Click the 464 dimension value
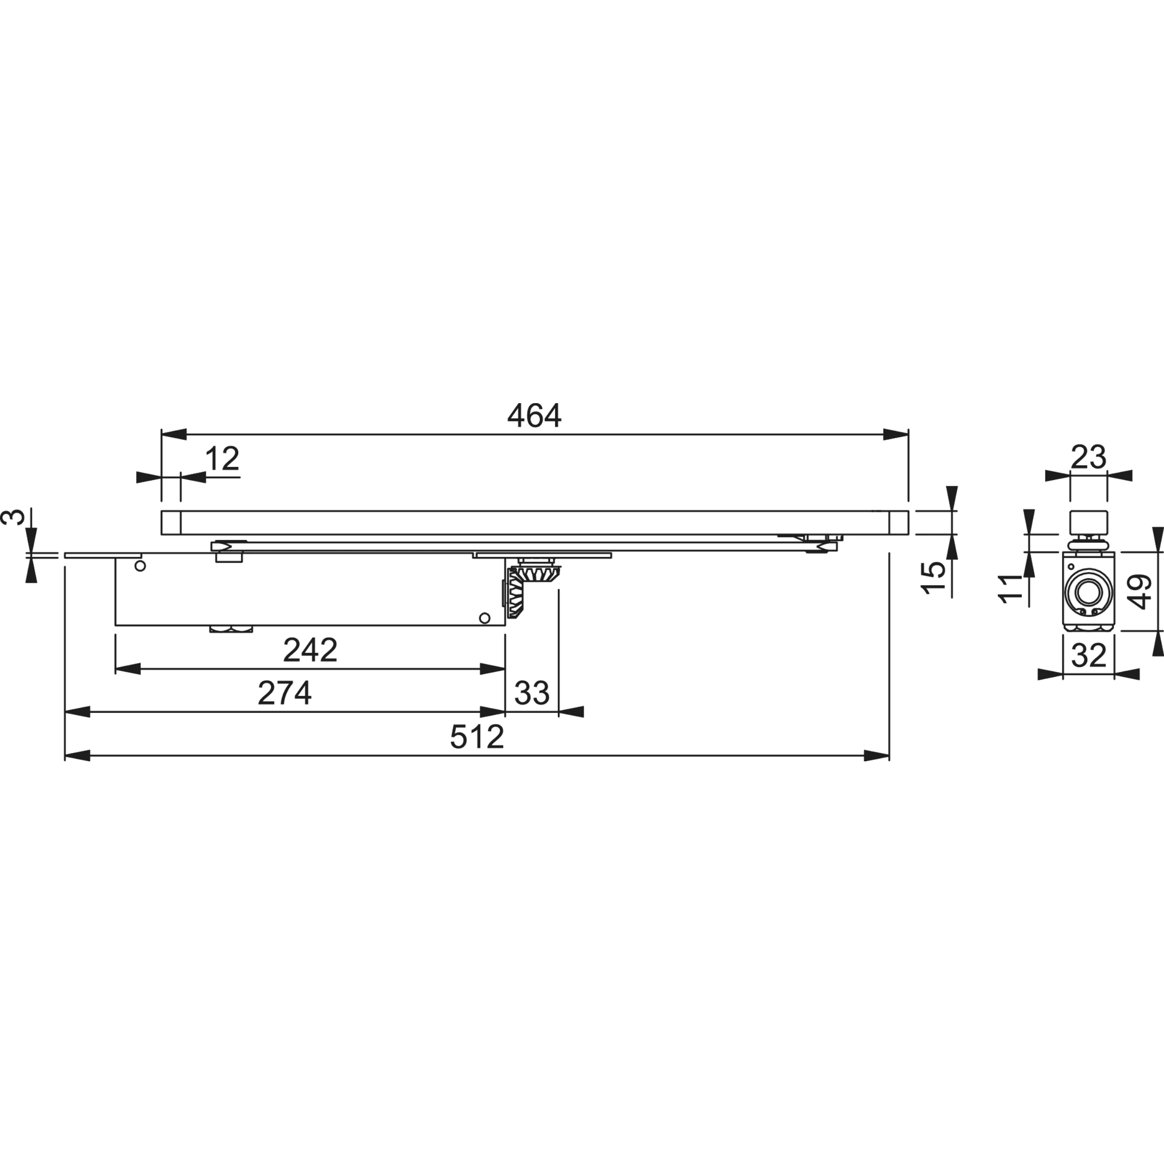[x=534, y=415]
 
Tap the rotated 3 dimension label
[x=13, y=516]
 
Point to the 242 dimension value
[x=310, y=650]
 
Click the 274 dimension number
[x=284, y=693]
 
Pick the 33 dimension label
[x=532, y=693]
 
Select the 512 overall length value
[x=476, y=736]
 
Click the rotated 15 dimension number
[x=933, y=577]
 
